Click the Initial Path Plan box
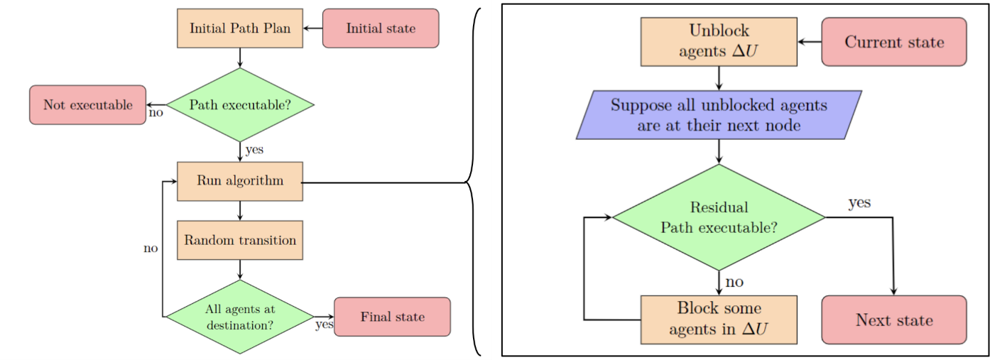tap(240, 28)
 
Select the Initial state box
tap(381, 28)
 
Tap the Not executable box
tap(87, 105)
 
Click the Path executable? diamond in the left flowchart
tap(240, 105)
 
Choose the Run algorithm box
tap(240, 180)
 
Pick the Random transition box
tap(240, 240)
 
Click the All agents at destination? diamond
tap(240, 317)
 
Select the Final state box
tap(392, 317)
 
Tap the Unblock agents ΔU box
tap(719, 41)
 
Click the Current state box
tap(894, 42)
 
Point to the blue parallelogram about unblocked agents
tap(719, 115)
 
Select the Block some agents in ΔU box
tap(719, 319)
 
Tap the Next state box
tap(894, 320)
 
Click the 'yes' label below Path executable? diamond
tap(254, 150)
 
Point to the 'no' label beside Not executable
tap(156, 113)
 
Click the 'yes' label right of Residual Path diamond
tap(859, 203)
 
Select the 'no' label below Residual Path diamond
tap(734, 282)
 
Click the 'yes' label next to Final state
tap(324, 325)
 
